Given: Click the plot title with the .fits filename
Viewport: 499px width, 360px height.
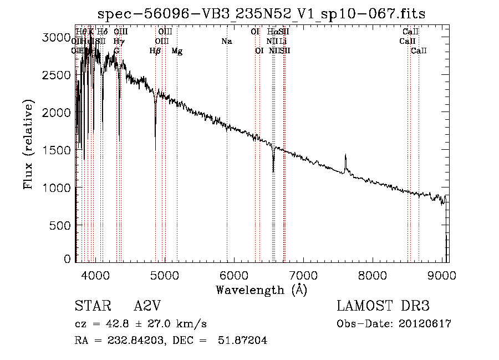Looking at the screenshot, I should point(262,14).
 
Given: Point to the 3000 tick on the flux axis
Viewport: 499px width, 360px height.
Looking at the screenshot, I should point(58,37).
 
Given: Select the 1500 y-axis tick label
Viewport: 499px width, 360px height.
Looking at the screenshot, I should point(58,150).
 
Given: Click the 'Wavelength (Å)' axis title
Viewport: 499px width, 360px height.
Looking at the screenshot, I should point(261,290).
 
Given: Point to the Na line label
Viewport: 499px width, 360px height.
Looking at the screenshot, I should point(226,42).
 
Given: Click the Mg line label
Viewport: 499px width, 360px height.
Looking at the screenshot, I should point(177,51).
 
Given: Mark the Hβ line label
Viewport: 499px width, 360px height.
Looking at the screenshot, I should point(155,51).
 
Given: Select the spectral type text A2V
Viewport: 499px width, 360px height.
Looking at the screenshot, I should point(149,306).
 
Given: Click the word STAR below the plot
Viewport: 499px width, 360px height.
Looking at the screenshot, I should point(90,306).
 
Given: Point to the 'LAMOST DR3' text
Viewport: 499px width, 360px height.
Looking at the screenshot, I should point(383,306).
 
